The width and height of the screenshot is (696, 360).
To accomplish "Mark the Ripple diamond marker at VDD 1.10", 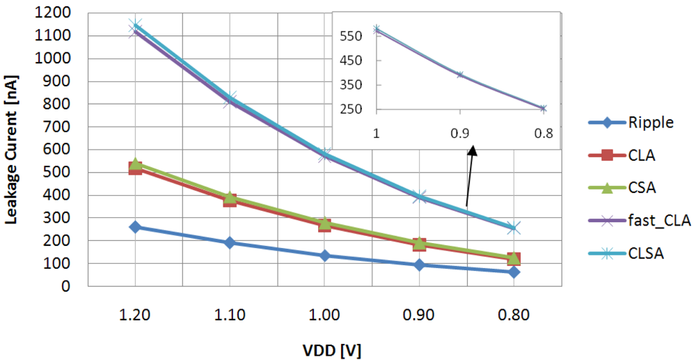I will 229,243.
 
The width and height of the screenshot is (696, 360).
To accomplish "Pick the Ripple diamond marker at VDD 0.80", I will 514,272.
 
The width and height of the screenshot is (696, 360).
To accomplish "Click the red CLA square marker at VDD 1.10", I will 229,200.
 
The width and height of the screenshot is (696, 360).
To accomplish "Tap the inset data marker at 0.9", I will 459,75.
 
